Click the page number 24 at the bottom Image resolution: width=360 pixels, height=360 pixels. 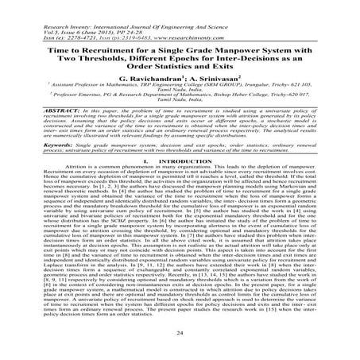pyautogui.click(x=180, y=336)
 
